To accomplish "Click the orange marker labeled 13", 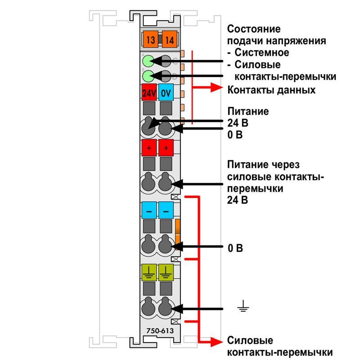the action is point(151,40).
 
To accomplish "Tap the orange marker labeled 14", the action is point(170,40).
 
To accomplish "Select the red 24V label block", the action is point(149,92).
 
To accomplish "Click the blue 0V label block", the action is point(166,92).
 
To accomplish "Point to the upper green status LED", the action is point(148,61).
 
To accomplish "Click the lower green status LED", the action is point(148,76).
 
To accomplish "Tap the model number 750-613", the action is point(160,331).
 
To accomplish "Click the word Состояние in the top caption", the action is point(254,29).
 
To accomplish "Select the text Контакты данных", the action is point(271,90).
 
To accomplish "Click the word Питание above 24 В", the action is point(248,111).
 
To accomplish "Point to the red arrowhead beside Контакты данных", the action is point(216,87).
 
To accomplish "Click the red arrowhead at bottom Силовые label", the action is point(216,342).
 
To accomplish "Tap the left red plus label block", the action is point(149,148).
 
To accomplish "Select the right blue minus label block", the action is point(166,210).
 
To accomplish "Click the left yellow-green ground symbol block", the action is point(149,273).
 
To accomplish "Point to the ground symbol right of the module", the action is point(243,306).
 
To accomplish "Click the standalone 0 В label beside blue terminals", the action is point(235,248).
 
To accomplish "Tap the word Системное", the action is point(262,53).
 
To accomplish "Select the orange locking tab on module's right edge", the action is point(177,234).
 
